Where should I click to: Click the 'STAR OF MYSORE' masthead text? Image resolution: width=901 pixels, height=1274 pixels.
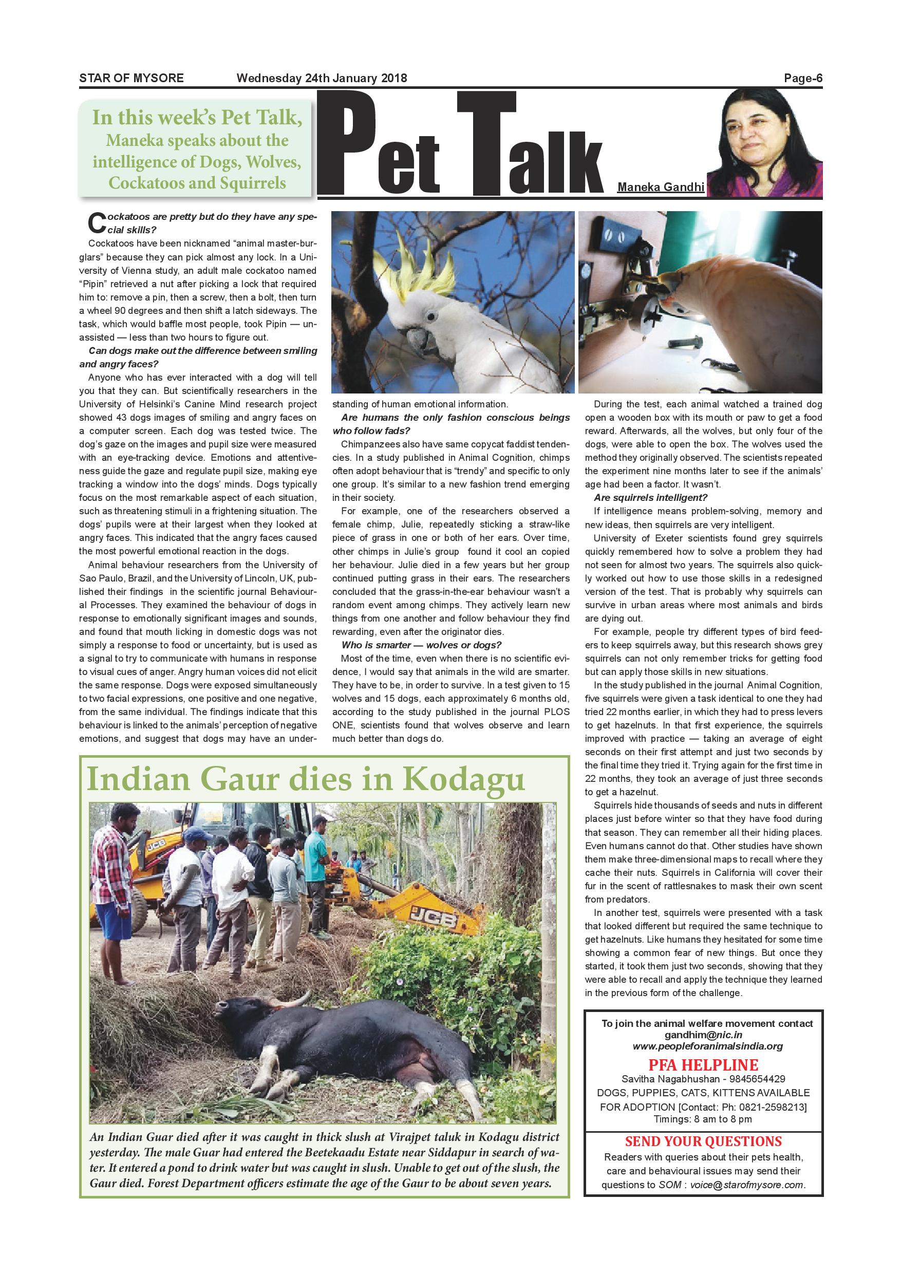[x=132, y=78]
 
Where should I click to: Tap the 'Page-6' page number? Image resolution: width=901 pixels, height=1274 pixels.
[x=803, y=78]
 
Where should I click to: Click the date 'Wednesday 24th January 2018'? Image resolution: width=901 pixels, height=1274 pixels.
[x=322, y=78]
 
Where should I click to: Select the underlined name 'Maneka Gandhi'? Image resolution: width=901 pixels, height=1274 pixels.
[x=661, y=188]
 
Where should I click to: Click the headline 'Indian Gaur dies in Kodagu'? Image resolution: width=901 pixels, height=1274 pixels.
[x=306, y=780]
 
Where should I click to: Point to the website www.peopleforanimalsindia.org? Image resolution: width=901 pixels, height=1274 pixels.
[x=707, y=1046]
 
